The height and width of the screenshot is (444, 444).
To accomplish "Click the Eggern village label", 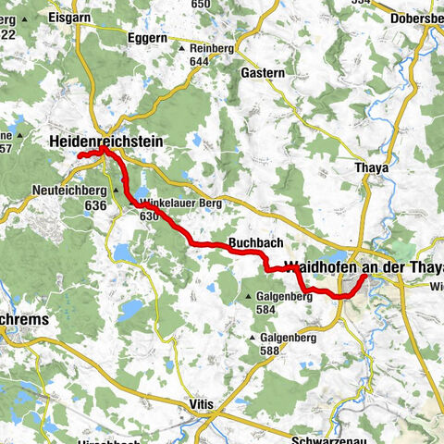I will [x=148, y=39].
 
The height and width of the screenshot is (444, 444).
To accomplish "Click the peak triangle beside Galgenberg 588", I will [x=252, y=339].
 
